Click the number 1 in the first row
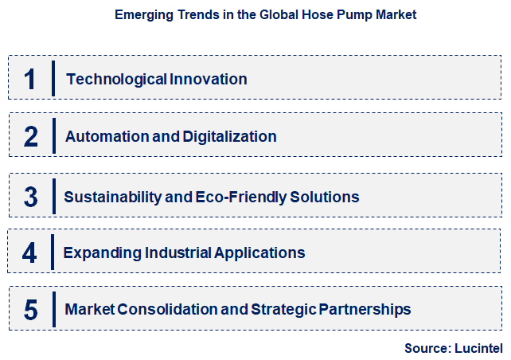pos(30,79)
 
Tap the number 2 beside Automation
pos(30,136)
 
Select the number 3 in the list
pos(30,197)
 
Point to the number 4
pos(29,252)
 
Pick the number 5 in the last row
pos(30,309)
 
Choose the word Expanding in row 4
pos(102,252)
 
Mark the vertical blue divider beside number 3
pos(54,196)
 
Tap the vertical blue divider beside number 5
pos(53,309)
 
